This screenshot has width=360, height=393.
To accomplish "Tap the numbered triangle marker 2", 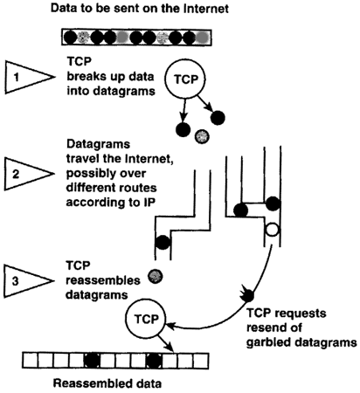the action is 27,174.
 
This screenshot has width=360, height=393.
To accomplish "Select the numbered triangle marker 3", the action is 27,281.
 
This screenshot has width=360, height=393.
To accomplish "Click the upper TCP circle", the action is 185,79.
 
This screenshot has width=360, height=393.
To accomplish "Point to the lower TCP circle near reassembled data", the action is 145,320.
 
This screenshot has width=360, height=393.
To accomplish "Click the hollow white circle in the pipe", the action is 273,230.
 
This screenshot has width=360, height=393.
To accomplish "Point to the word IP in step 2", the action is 149,203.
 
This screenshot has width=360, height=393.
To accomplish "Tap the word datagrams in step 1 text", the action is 124,91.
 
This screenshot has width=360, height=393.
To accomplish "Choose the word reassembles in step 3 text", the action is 103,280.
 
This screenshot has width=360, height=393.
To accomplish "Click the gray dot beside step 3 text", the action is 155,276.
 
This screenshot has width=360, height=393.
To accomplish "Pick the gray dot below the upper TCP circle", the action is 202,136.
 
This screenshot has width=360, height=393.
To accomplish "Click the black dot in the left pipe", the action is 163,242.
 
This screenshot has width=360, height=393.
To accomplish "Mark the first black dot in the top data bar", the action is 70,38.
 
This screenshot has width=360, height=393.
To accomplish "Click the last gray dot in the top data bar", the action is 202,38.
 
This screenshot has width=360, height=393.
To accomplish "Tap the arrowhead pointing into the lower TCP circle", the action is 170,326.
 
